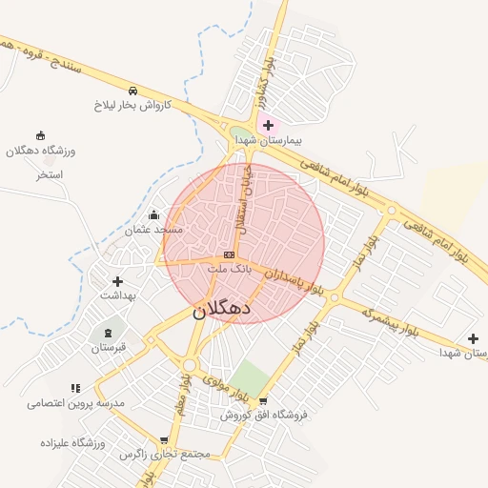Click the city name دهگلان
click(221, 310)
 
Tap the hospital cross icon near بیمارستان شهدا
click(268, 125)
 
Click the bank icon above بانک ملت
click(229, 255)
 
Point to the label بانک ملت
click(230, 270)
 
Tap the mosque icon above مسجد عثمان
click(154, 214)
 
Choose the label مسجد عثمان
click(152, 230)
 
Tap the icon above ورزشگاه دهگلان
click(40, 135)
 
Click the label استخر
click(49, 175)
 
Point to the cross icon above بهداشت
click(118, 281)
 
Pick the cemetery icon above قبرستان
click(108, 333)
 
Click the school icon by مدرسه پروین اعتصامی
click(75, 388)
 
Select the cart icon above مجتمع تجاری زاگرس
click(164, 440)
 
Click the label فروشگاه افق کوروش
click(264, 415)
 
